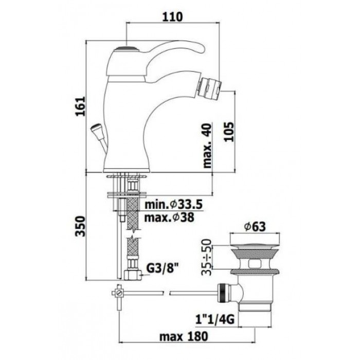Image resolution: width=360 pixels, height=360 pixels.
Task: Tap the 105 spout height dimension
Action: (230, 130)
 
